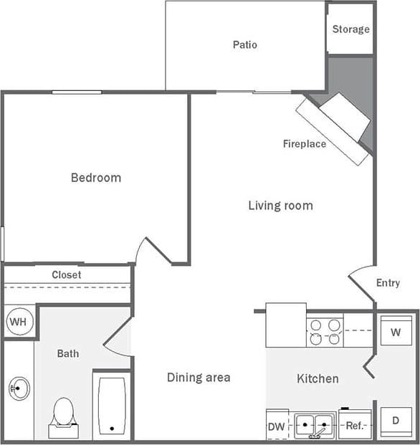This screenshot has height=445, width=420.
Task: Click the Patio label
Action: pos(244,45)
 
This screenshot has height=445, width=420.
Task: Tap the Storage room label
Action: pos(351,29)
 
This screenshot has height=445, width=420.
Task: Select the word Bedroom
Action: pos(96,178)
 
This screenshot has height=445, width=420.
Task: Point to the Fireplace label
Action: pos(304,144)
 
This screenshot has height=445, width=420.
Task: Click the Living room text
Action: pos(280,206)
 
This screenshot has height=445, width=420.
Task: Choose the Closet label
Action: pos(66,274)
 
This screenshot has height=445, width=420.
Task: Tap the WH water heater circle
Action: pos(17,322)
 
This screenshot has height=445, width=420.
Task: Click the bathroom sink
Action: pos(19,389)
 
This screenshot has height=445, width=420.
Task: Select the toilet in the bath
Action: pos(64,416)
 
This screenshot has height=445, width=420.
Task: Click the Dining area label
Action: pos(199,377)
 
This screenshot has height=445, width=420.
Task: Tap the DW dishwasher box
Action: pos(277,425)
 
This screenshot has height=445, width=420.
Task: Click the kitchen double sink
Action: pos(314,425)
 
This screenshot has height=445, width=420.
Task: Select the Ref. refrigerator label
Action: pos(356,425)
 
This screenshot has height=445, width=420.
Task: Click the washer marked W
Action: pos(396,332)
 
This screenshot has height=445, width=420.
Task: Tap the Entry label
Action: pos(388,283)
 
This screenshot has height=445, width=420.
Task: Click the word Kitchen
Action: pos(318,378)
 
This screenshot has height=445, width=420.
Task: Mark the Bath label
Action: pos(68,353)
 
